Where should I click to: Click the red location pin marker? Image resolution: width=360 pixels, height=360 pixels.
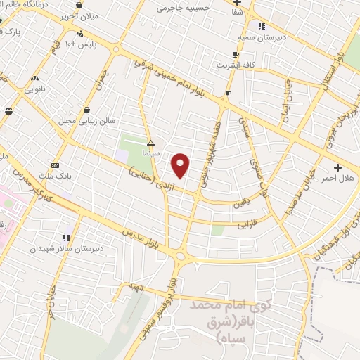coord(181,165)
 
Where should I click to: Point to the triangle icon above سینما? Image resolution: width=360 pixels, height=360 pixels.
coord(150,142)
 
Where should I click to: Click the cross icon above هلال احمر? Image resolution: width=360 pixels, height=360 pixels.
coord(339,167)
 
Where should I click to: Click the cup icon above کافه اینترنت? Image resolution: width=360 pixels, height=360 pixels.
coord(236,55)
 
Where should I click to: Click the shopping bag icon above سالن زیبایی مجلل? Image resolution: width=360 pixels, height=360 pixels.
coord(86,110)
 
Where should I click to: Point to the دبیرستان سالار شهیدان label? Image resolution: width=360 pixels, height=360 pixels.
coord(67,248)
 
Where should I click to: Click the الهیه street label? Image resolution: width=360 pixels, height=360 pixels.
coord(136,286)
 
